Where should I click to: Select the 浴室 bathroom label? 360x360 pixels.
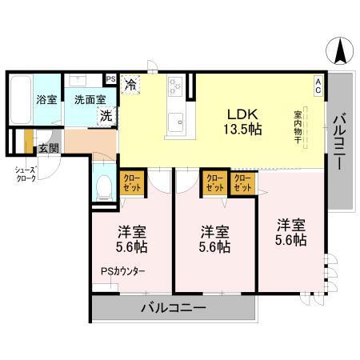45,101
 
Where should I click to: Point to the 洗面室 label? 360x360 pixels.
88,101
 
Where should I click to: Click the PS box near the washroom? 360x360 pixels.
110,79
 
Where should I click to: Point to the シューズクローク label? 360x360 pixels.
23,174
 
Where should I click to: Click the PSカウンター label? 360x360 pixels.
123,271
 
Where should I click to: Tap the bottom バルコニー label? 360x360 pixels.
174,307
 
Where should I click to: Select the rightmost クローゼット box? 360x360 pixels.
242,183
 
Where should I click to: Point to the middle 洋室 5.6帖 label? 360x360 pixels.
214,239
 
